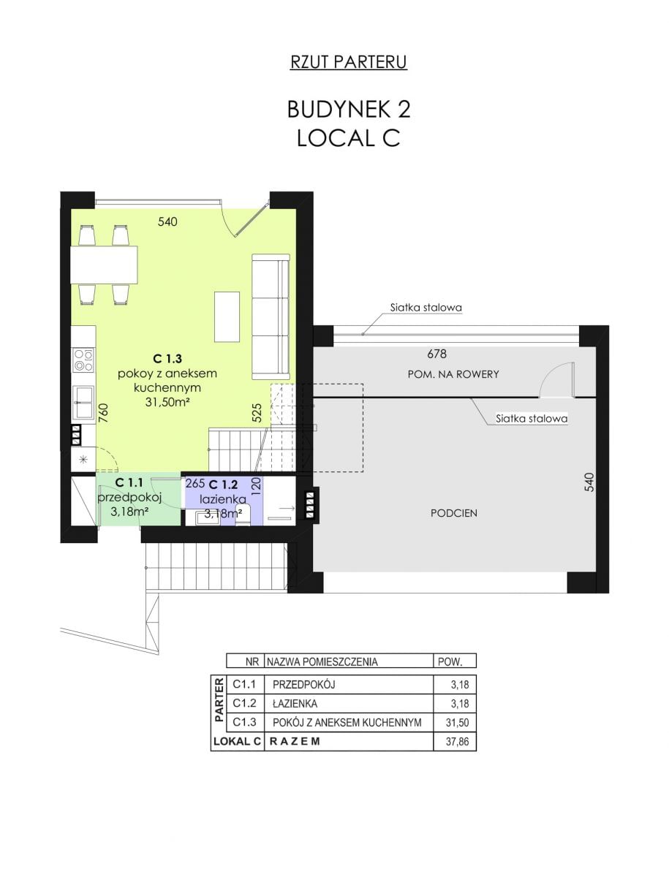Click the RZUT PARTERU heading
pos(349,62)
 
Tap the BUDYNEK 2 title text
pos(349,109)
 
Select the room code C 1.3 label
pos(167,358)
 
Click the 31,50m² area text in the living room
pos(167,402)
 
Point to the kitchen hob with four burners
pos(83,360)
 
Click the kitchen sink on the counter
pos(83,401)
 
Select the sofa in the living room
pos(271,316)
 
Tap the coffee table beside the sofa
pos(227,317)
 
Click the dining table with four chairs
pos(104,265)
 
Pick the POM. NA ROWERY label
pos(453,374)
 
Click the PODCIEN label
pos(453,514)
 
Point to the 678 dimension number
pos(436,354)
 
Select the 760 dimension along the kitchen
pos(103,413)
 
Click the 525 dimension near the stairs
pos(257,413)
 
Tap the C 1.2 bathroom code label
pos(224,485)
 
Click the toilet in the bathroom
pos(243,515)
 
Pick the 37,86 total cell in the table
pos(457,742)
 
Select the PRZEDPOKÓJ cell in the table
pos(303,685)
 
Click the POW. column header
pos(450,662)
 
